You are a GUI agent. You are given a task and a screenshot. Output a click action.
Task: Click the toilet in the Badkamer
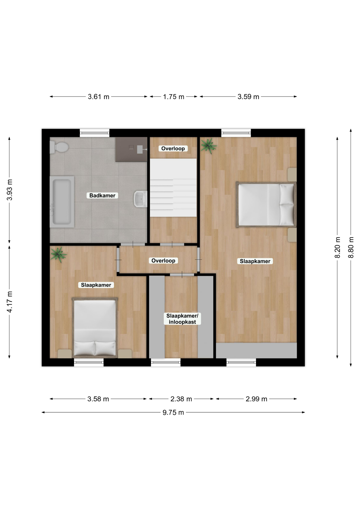(59, 147)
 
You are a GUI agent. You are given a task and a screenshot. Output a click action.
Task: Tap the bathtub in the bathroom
(62, 202)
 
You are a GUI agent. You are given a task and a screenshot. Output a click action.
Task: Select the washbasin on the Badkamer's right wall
(141, 199)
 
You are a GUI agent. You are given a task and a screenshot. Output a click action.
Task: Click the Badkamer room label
(102, 195)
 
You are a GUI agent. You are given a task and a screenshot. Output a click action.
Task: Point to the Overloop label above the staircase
(173, 148)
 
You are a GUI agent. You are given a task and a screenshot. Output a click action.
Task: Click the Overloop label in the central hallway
(163, 261)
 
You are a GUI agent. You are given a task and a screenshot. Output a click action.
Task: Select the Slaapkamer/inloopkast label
(182, 319)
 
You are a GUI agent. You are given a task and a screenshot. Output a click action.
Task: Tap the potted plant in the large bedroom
(209, 146)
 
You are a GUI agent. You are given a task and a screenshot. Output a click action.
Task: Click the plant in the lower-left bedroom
(59, 254)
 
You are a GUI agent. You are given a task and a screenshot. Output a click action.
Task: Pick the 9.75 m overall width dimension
(173, 413)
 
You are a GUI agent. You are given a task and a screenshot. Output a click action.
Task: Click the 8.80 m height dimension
(351, 248)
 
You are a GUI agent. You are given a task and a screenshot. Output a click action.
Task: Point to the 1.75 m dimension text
(174, 97)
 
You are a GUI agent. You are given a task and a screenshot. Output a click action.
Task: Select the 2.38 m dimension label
(181, 399)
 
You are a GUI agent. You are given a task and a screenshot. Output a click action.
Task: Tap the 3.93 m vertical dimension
(9, 190)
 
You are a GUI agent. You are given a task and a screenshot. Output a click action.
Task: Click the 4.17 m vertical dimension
(9, 302)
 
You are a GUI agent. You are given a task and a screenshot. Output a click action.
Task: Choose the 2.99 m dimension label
(256, 399)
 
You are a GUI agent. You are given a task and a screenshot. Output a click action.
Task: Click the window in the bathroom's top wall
(95, 133)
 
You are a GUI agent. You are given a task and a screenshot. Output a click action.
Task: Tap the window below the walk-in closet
(166, 362)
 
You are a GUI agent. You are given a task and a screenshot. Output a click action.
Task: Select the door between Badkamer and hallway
(133, 244)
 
